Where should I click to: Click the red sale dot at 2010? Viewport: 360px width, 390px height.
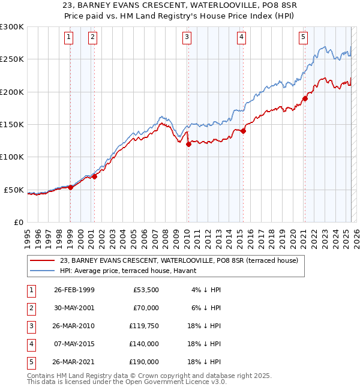pyautogui.click(x=188, y=144)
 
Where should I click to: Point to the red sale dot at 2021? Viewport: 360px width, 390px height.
pyautogui.click(x=305, y=98)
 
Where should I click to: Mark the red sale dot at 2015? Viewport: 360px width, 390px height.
pyautogui.click(x=244, y=131)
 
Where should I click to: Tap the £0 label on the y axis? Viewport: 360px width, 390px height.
pyautogui.click(x=17, y=222)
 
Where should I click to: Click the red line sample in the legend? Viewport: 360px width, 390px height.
pyautogui.click(x=43, y=260)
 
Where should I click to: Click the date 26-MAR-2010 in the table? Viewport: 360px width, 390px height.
pyautogui.click(x=74, y=326)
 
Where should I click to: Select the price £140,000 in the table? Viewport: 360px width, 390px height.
pyautogui.click(x=144, y=344)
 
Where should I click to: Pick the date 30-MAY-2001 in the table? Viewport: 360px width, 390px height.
pyautogui.click(x=74, y=308)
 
